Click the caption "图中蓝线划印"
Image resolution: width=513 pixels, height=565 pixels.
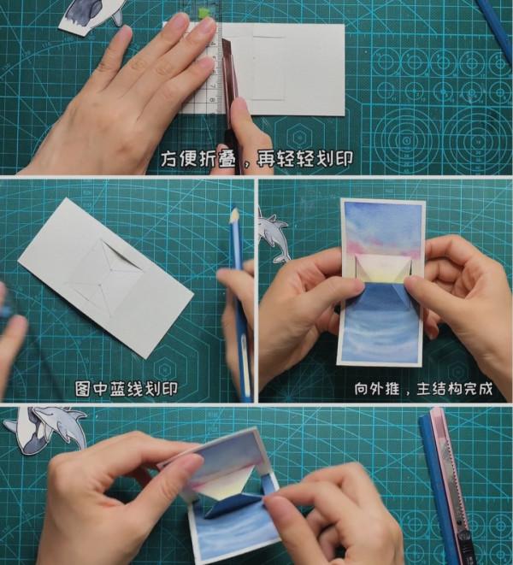pos(127,389)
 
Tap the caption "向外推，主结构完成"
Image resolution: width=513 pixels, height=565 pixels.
pos(423,389)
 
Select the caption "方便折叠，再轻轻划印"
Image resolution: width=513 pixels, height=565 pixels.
pos(256,159)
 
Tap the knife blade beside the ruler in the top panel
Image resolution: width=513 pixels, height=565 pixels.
pos(228,72)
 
